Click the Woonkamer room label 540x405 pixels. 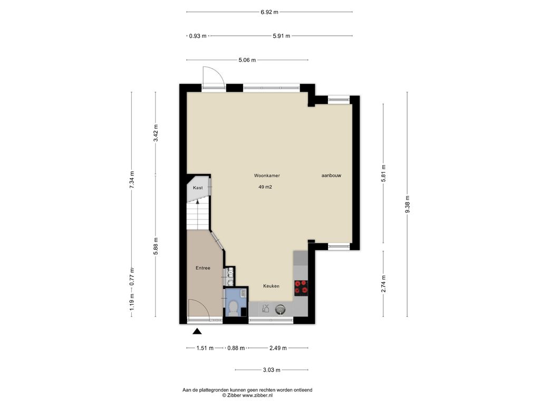tap(267, 176)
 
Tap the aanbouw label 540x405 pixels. tap(331, 176)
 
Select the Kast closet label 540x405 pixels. tap(198, 188)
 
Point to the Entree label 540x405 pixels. tap(203, 268)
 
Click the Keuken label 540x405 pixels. tap(272, 286)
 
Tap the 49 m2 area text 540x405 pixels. tap(265, 187)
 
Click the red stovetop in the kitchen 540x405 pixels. tap(301, 287)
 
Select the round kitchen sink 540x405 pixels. tap(281, 309)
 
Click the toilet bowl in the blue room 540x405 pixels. tap(234, 307)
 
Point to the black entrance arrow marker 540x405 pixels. tap(197, 331)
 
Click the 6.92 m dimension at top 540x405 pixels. tap(269, 12)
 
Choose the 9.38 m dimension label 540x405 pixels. tap(408, 204)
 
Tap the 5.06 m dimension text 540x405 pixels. tap(247, 60)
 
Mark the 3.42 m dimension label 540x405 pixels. tap(156, 133)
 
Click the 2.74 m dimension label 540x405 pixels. tap(384, 284)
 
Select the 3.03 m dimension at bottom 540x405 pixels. tap(272, 370)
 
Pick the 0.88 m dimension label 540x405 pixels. tap(236, 348)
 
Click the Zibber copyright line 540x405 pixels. tap(247, 396)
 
